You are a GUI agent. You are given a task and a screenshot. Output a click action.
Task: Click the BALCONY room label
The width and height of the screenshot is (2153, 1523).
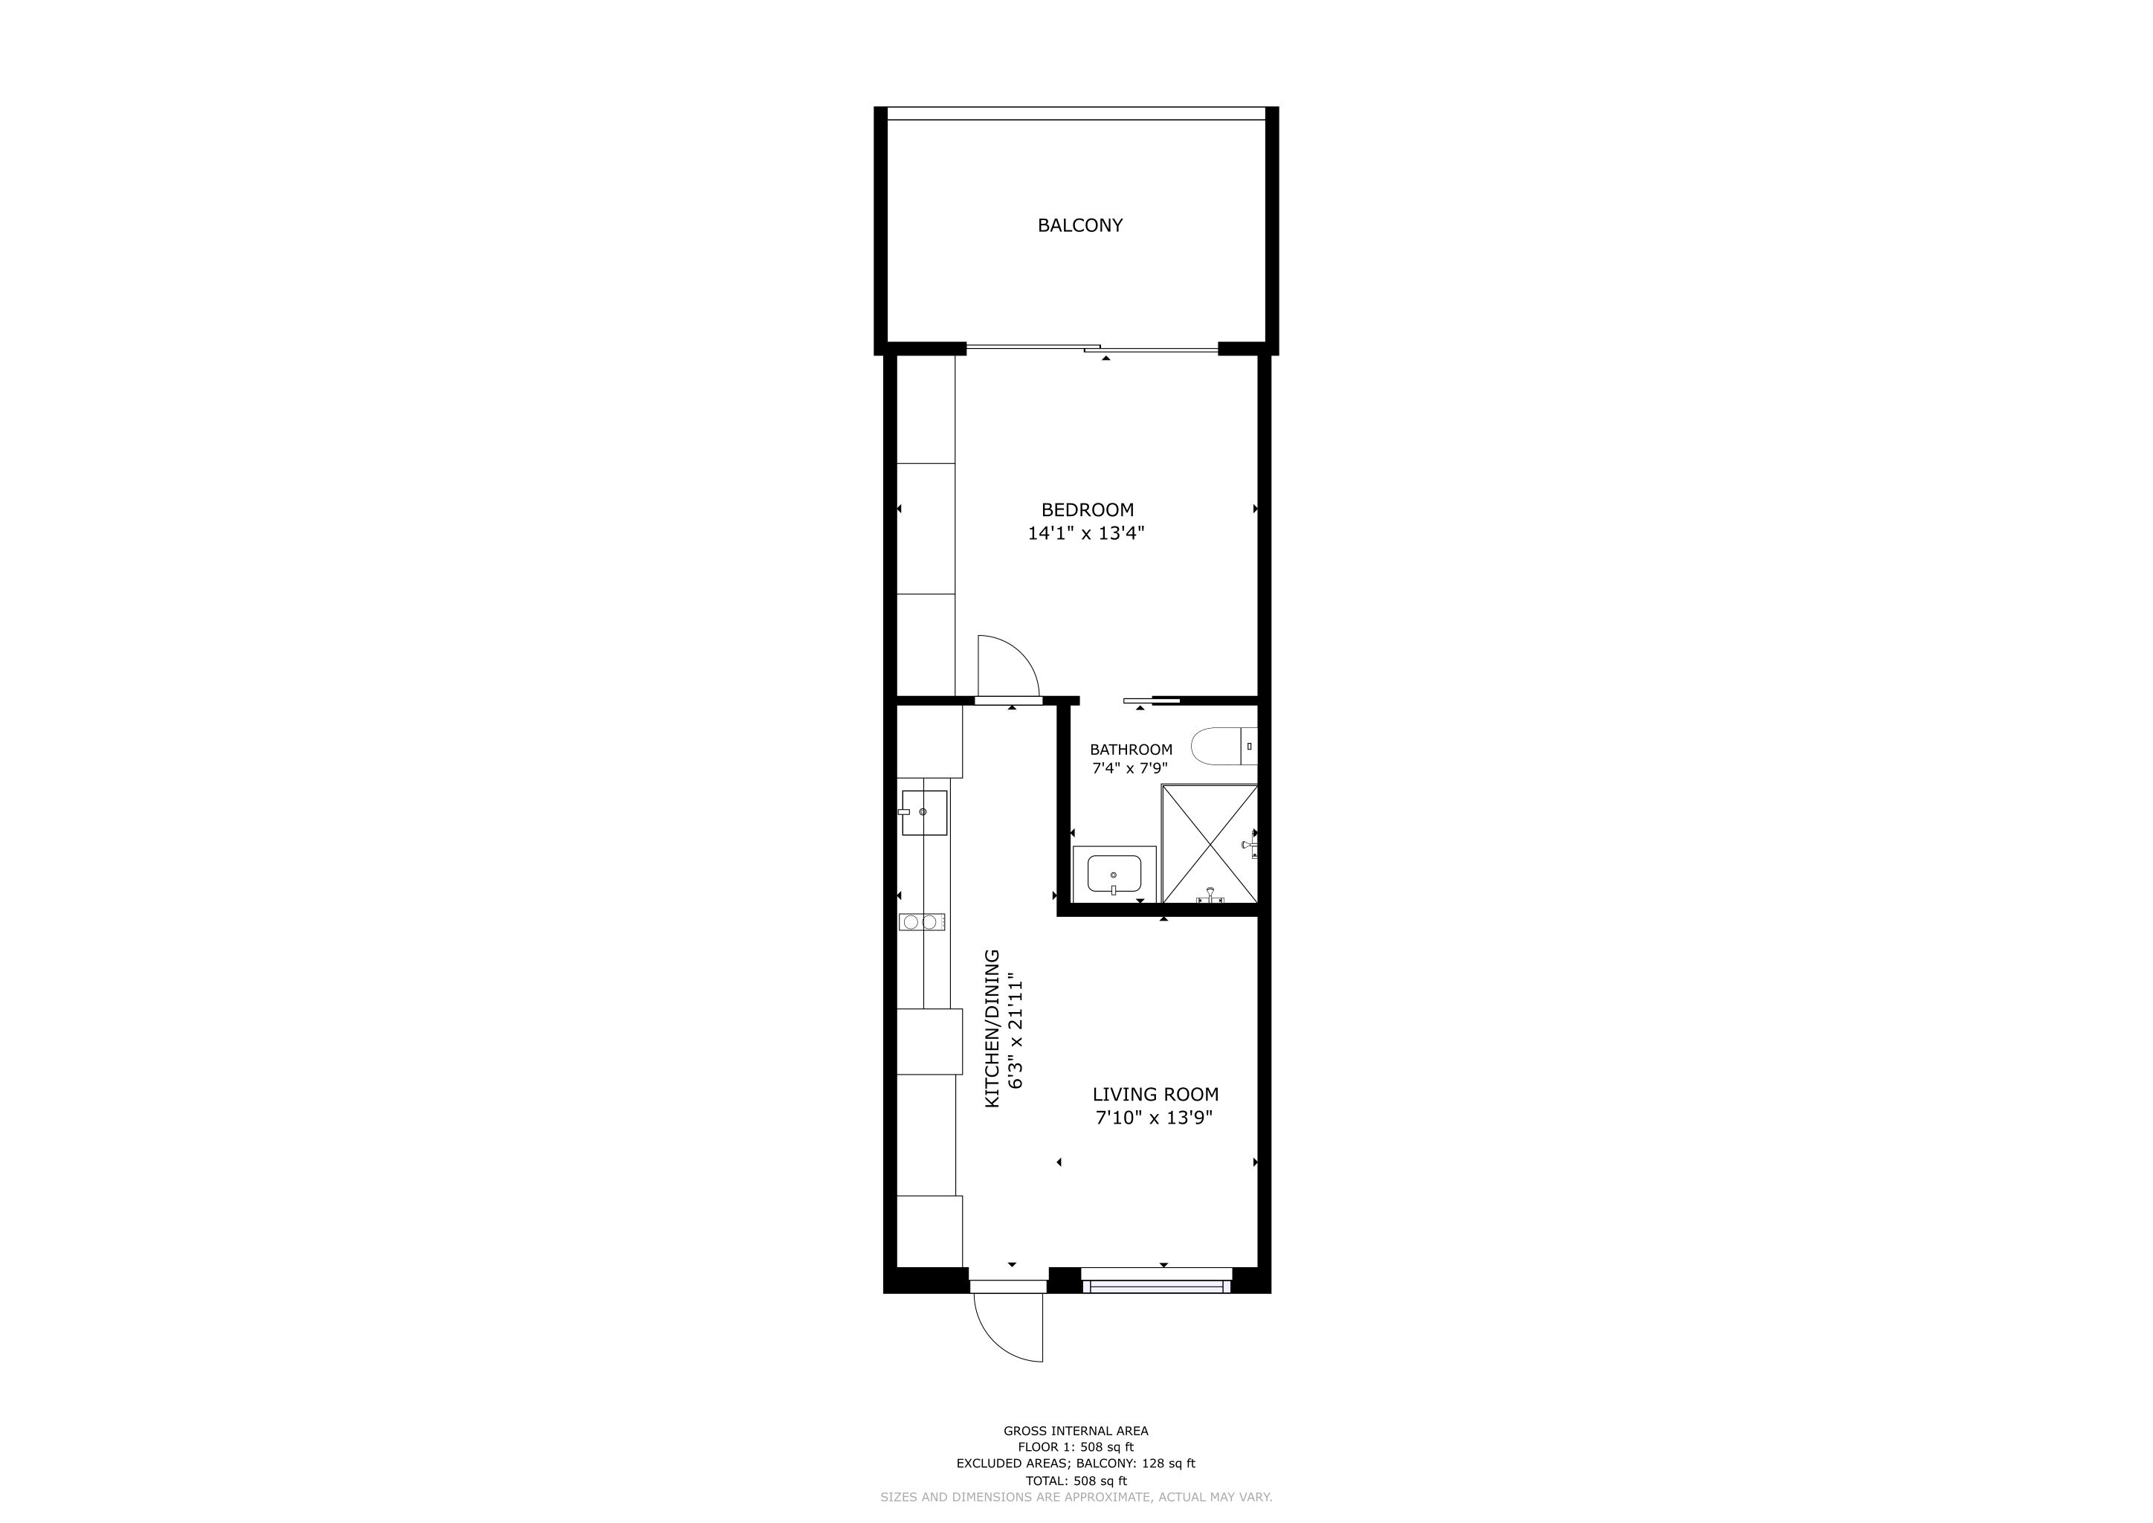pyautogui.click(x=1079, y=225)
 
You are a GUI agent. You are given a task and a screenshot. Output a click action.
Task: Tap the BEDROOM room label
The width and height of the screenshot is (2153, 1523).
pyautogui.click(x=1087, y=510)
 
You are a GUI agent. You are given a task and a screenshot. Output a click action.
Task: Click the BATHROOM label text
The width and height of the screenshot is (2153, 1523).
pyautogui.click(x=1131, y=750)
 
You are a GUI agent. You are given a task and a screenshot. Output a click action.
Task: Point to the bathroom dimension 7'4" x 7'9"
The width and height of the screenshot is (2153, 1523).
pyautogui.click(x=1130, y=769)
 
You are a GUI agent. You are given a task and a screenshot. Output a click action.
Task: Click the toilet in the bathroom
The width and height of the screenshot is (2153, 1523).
pyautogui.click(x=1224, y=746)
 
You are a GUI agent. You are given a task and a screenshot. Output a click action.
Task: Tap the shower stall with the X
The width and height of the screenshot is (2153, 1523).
pyautogui.click(x=1210, y=844)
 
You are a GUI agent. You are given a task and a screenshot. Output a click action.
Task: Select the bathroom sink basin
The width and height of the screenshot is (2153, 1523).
pyautogui.click(x=1114, y=874)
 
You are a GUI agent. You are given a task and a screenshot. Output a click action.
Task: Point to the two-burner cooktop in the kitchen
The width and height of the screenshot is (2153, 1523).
pyautogui.click(x=922, y=922)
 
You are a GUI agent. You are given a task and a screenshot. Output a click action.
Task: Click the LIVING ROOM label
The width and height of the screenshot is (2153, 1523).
pyautogui.click(x=1155, y=1095)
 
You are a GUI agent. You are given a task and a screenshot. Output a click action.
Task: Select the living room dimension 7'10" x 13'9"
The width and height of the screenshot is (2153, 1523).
pyautogui.click(x=1155, y=1118)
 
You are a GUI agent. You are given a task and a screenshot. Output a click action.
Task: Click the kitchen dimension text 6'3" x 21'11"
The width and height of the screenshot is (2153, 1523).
pyautogui.click(x=1015, y=1035)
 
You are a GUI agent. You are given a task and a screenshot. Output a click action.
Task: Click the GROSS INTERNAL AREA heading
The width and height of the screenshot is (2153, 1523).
pyautogui.click(x=1076, y=1431)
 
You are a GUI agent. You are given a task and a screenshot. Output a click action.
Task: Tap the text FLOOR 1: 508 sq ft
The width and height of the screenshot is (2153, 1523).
pyautogui.click(x=1076, y=1447)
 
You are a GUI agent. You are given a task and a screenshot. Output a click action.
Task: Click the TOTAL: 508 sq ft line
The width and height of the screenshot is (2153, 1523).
pyautogui.click(x=1076, y=1481)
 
